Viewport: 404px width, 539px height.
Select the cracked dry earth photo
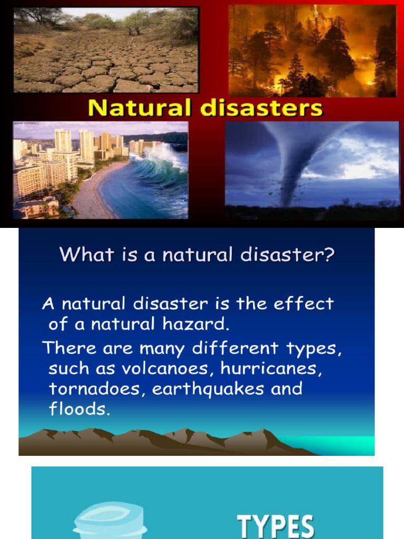105,50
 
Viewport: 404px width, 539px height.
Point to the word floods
79,410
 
